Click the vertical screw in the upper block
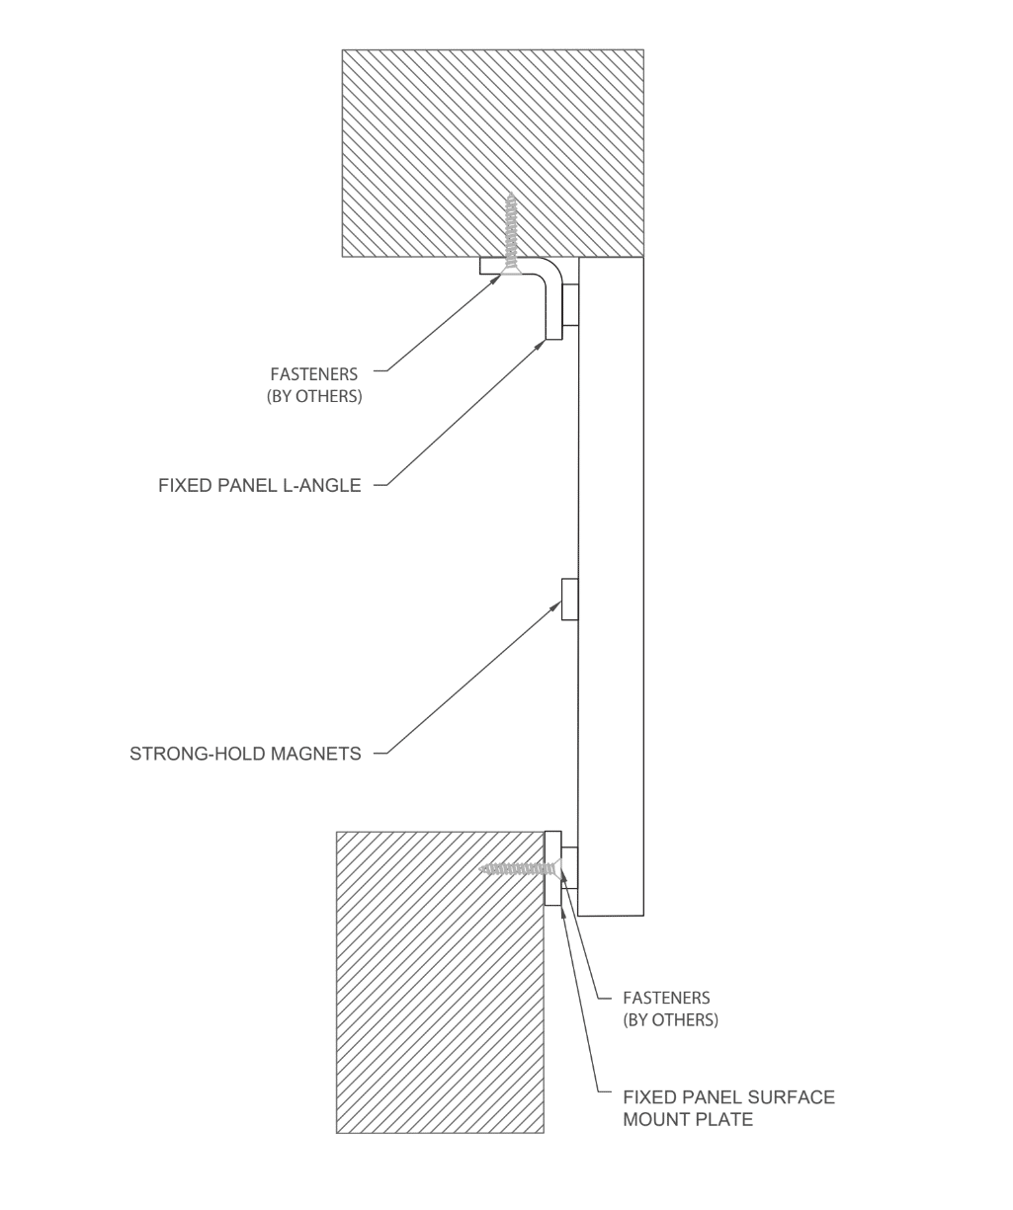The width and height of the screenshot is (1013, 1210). (x=511, y=232)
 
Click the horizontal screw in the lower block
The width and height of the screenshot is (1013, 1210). (x=519, y=868)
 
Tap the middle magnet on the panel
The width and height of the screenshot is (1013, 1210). (x=569, y=599)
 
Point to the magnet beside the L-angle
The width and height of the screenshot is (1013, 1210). (x=570, y=305)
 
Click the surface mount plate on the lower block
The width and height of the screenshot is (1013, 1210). (x=552, y=867)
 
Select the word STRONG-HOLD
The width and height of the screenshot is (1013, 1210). (x=195, y=755)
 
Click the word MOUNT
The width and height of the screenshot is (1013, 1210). (x=654, y=1119)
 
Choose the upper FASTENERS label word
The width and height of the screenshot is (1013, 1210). (x=314, y=374)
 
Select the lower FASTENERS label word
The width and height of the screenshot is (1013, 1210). (x=666, y=998)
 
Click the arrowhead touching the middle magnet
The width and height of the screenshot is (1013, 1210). (x=556, y=605)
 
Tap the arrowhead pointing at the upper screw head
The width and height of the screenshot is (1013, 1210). (x=497, y=280)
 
